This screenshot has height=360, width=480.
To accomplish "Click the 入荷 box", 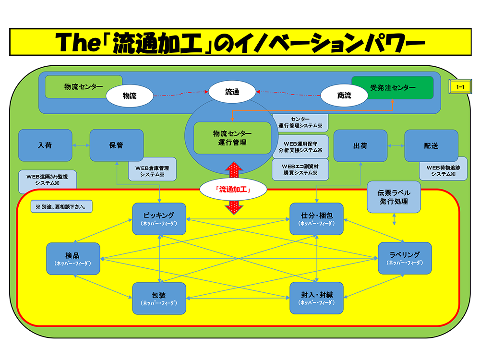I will (x=45, y=145).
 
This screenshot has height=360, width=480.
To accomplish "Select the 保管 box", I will (x=116, y=145).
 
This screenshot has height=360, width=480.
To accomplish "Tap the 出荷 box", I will (x=360, y=145).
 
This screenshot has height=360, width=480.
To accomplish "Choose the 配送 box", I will (x=431, y=145).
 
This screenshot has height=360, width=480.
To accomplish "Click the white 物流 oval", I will (x=130, y=96).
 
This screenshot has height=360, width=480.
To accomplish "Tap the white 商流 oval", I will (x=344, y=96).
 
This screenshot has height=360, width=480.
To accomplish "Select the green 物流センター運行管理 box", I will (x=232, y=138).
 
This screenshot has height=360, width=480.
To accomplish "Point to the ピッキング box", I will (x=159, y=219).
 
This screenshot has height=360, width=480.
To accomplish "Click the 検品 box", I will (x=73, y=259).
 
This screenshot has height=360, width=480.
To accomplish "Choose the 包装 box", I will (x=159, y=298).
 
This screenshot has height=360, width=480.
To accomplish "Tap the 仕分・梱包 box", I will (x=316, y=219).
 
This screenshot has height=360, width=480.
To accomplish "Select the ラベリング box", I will (x=405, y=259).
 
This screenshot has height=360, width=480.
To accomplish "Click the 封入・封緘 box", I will (x=316, y=298).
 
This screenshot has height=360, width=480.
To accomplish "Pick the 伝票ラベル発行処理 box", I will (x=394, y=196).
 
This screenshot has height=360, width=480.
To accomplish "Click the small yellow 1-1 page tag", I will (x=460, y=87).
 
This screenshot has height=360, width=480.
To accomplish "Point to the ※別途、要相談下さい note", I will (x=61, y=207).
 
